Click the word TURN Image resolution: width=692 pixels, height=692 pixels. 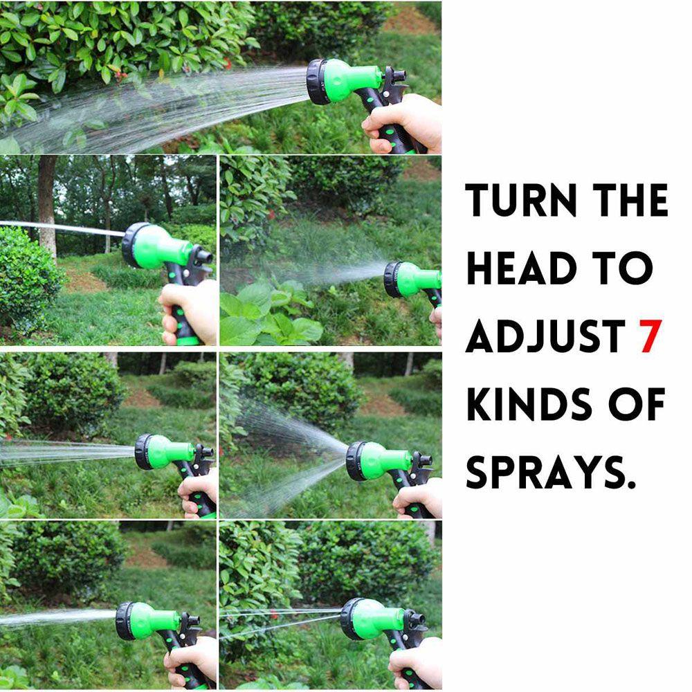[x=520, y=201]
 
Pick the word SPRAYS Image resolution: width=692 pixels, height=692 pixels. [x=551, y=471]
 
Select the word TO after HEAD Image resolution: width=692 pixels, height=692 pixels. [x=626, y=268]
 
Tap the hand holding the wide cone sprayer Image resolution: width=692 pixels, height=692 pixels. [x=419, y=498]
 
